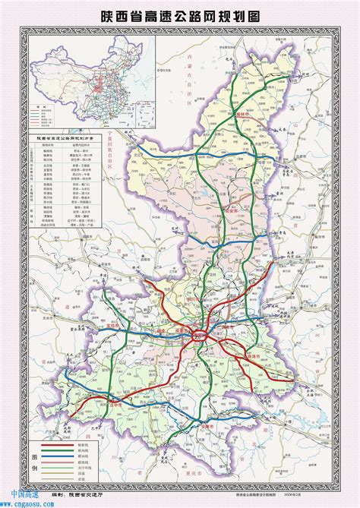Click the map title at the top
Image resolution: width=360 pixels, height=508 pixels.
click(x=180, y=14)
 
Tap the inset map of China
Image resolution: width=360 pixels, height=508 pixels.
click(x=92, y=80)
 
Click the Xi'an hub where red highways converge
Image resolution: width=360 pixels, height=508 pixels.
click(x=201, y=332)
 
